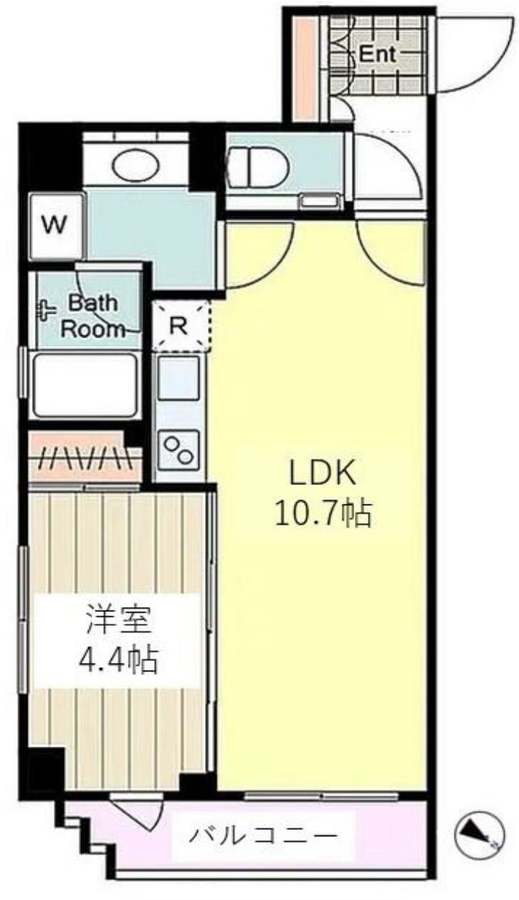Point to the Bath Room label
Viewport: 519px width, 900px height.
point(91,316)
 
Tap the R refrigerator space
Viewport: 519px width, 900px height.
point(180,325)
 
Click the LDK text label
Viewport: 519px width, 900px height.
point(323,473)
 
